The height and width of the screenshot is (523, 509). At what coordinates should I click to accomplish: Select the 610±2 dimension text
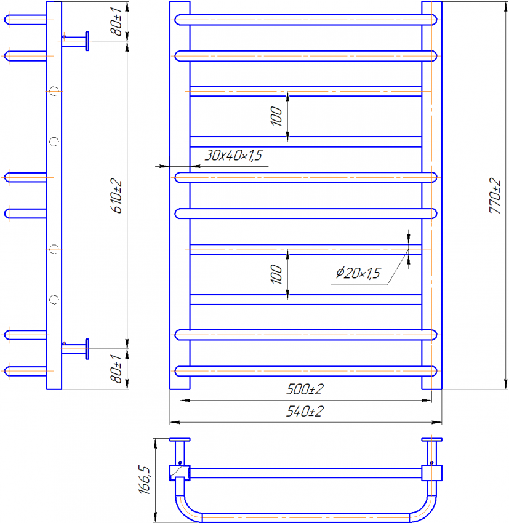pos(117,196)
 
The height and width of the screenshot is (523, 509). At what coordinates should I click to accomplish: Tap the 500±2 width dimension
pos(305,390)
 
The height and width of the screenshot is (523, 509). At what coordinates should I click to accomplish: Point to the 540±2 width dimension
pos(305,412)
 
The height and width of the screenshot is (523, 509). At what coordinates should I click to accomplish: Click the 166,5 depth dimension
pos(145,480)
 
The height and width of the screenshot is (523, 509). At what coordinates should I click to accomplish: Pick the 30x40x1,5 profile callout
pos(234,156)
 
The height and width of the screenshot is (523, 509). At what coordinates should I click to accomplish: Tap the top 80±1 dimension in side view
pos(117,23)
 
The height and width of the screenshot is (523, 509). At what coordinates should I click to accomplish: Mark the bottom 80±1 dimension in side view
pos(117,369)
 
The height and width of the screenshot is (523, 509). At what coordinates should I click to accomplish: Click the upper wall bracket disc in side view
pos(87,41)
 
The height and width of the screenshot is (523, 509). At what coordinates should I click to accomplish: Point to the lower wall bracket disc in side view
pos(87,349)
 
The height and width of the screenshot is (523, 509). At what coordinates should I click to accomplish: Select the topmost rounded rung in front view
pos(306,20)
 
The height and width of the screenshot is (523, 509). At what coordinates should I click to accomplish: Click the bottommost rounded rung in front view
pos(306,370)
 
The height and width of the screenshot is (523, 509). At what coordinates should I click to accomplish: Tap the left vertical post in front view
pos(180,196)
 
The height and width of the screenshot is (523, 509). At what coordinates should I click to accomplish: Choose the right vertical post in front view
pos(431,196)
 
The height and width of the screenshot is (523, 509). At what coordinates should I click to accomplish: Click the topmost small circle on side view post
pos(54,90)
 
